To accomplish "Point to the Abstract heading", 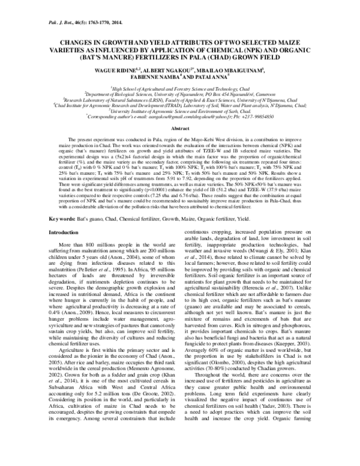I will [x=180, y=129].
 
